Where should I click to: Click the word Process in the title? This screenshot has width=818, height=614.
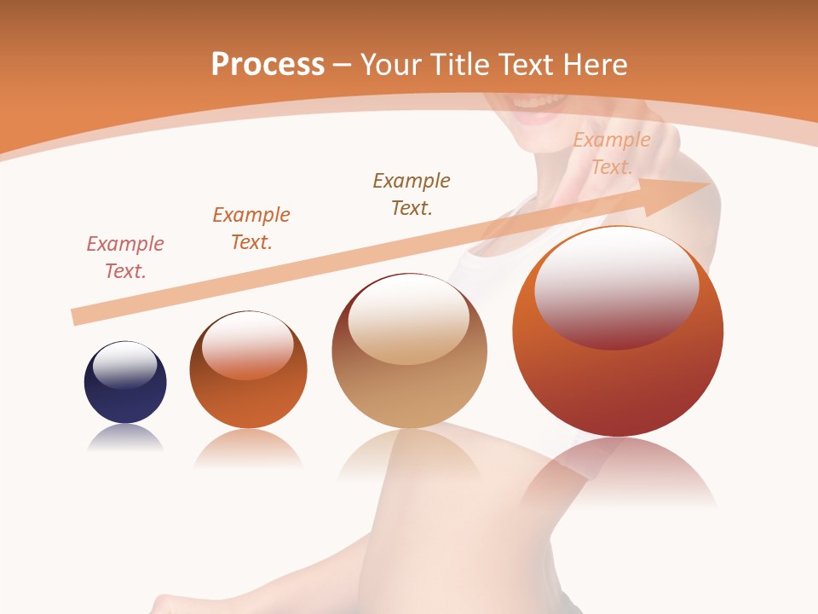[268, 65]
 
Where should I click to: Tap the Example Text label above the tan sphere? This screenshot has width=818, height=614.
[412, 194]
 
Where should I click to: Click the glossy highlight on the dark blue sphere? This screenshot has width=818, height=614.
[125, 364]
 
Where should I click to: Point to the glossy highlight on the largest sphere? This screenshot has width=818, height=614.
[617, 288]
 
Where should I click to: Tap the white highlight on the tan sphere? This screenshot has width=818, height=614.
[409, 318]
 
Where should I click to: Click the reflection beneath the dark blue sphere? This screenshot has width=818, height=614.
[125, 438]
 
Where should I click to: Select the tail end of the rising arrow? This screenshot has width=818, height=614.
[77, 317]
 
